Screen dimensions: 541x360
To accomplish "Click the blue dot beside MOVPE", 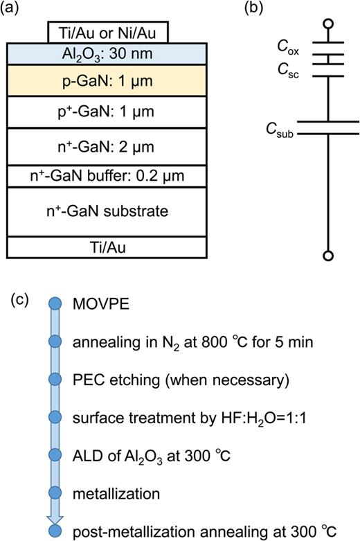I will click(55, 304).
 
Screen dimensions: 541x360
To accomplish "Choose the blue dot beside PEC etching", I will click(55, 380).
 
